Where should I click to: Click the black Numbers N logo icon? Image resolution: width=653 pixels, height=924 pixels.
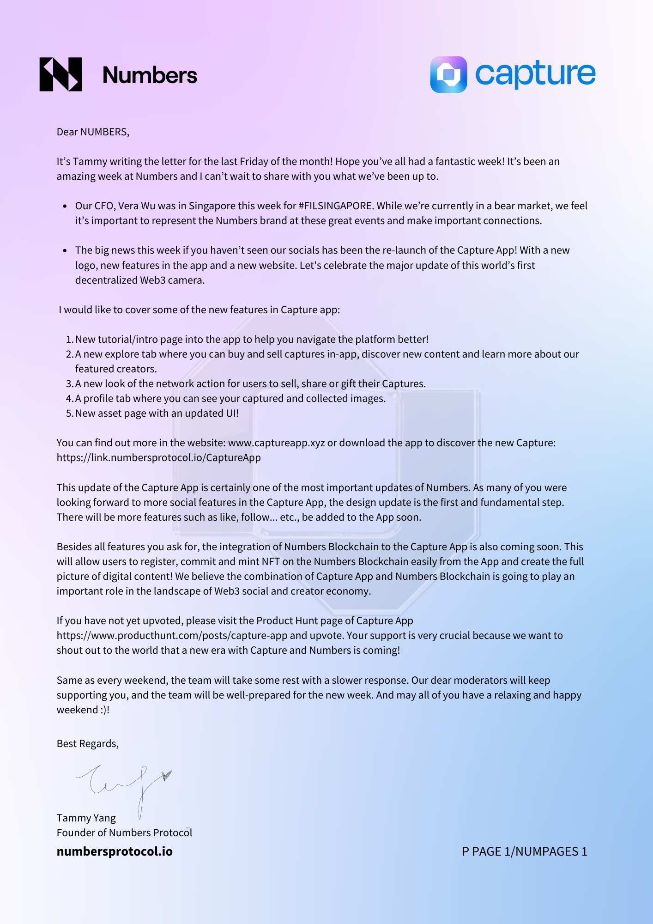click(60, 74)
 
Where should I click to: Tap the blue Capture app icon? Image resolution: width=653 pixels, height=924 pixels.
click(448, 74)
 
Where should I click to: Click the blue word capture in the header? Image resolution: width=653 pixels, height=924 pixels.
click(535, 74)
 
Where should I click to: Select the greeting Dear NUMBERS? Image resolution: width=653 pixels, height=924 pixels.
click(92, 132)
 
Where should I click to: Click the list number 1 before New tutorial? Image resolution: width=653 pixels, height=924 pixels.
click(69, 340)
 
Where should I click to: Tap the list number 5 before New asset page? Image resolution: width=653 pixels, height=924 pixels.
click(69, 413)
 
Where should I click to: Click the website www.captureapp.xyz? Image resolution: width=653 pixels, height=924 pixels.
click(276, 443)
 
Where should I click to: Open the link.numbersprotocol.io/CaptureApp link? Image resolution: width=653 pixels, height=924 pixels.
click(158, 458)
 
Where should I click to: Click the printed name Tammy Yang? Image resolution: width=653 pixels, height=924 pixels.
click(86, 818)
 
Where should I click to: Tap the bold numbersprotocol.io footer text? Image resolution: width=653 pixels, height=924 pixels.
click(115, 851)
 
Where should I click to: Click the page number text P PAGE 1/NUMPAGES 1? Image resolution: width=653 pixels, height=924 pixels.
click(524, 851)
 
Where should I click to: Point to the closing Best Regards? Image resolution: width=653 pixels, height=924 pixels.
click(87, 744)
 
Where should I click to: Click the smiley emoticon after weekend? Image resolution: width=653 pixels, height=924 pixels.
click(104, 710)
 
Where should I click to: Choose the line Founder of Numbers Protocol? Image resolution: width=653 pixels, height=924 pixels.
click(124, 833)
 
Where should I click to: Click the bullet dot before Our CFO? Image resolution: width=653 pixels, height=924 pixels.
click(65, 206)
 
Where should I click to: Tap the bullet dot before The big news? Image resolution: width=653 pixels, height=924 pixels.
click(65, 250)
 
